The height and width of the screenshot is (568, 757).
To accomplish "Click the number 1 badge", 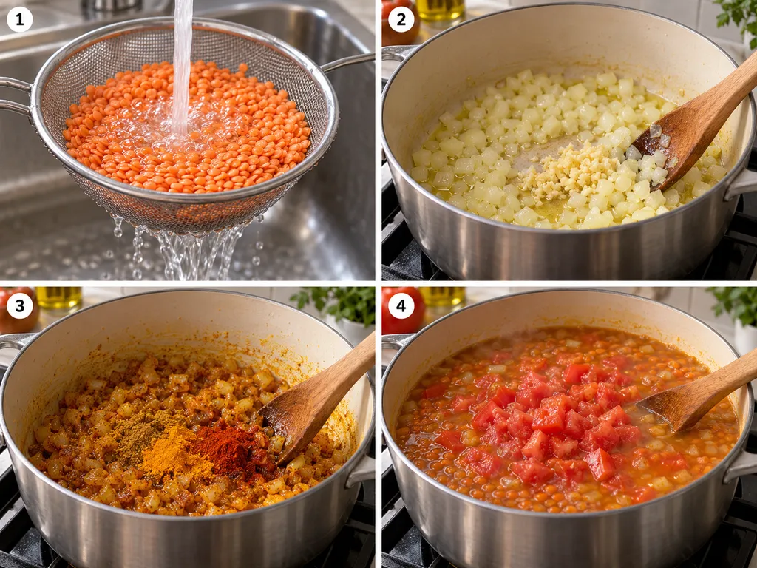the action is [19, 20].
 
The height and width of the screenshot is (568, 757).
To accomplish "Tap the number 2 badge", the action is [401, 20].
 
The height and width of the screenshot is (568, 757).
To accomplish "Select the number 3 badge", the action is [19, 305].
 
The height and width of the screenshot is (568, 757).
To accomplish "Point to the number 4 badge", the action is [401, 305].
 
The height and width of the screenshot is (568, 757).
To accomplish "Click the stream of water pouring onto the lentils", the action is [182, 67].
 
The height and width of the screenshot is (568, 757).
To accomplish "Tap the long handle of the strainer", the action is [347, 62].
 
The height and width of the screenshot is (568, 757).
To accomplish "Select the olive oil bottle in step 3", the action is [59, 299].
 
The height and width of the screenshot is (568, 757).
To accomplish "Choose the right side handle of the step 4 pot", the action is [741, 464].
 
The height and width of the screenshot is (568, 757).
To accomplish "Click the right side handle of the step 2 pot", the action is [741, 184].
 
